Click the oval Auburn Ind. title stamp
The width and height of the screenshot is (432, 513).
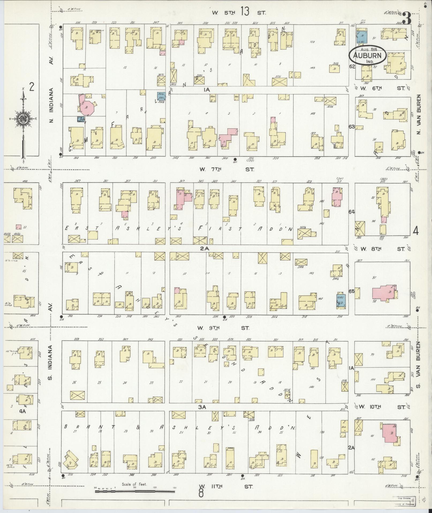pyautogui.click(x=367, y=56)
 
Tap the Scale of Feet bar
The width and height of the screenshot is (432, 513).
pyautogui.click(x=135, y=491)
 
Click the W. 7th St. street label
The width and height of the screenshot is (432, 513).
pyautogui.click(x=226, y=169)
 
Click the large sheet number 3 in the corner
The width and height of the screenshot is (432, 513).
pyautogui.click(x=407, y=18)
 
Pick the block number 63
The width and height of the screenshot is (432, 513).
pyautogui.click(x=352, y=126)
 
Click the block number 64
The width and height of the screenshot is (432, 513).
pyautogui.click(x=351, y=212)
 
